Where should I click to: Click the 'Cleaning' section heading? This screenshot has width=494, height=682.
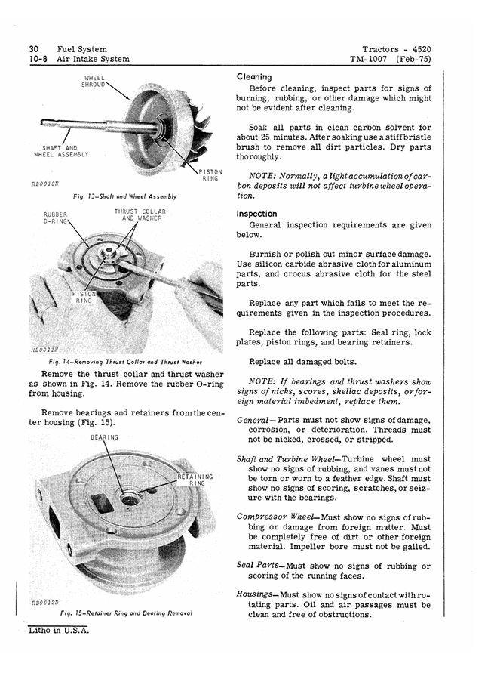pyautogui.click(x=254, y=77)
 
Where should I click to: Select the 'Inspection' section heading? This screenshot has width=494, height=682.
pyautogui.click(x=256, y=214)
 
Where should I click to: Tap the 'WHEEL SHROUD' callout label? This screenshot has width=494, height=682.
pyautogui.click(x=94, y=82)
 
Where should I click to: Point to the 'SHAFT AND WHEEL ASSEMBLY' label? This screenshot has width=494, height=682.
pyautogui.click(x=61, y=151)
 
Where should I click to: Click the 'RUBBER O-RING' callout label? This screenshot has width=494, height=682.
pyautogui.click(x=56, y=218)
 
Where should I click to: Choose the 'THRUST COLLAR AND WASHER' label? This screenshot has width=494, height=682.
pyautogui.click(x=140, y=214)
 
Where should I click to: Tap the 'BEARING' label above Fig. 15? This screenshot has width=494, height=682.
pyautogui.click(x=104, y=437)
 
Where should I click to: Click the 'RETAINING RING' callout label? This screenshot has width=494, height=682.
pyautogui.click(x=195, y=480)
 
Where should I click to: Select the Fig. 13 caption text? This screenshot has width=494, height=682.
pyautogui.click(x=125, y=196)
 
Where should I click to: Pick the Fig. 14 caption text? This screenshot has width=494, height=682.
pyautogui.click(x=125, y=362)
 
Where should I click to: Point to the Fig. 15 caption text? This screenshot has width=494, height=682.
pyautogui.click(x=126, y=613)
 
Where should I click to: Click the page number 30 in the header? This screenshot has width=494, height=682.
pyautogui.click(x=34, y=49)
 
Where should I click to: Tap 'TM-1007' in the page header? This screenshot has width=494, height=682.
pyautogui.click(x=369, y=59)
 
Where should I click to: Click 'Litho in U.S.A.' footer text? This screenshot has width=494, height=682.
pyautogui.click(x=59, y=630)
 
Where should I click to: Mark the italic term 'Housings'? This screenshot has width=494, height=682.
pyautogui.click(x=255, y=594)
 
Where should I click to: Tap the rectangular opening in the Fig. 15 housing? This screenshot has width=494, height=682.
pyautogui.click(x=102, y=503)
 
